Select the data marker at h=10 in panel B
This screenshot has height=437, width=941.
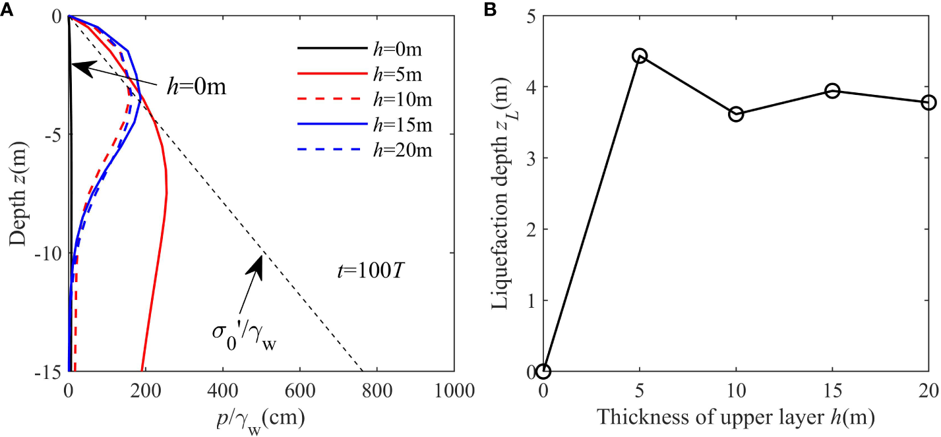[x=736, y=114]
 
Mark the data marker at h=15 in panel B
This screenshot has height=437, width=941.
[x=832, y=91]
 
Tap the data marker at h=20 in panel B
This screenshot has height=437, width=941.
[x=928, y=102]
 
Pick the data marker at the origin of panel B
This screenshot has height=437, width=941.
[x=543, y=372]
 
